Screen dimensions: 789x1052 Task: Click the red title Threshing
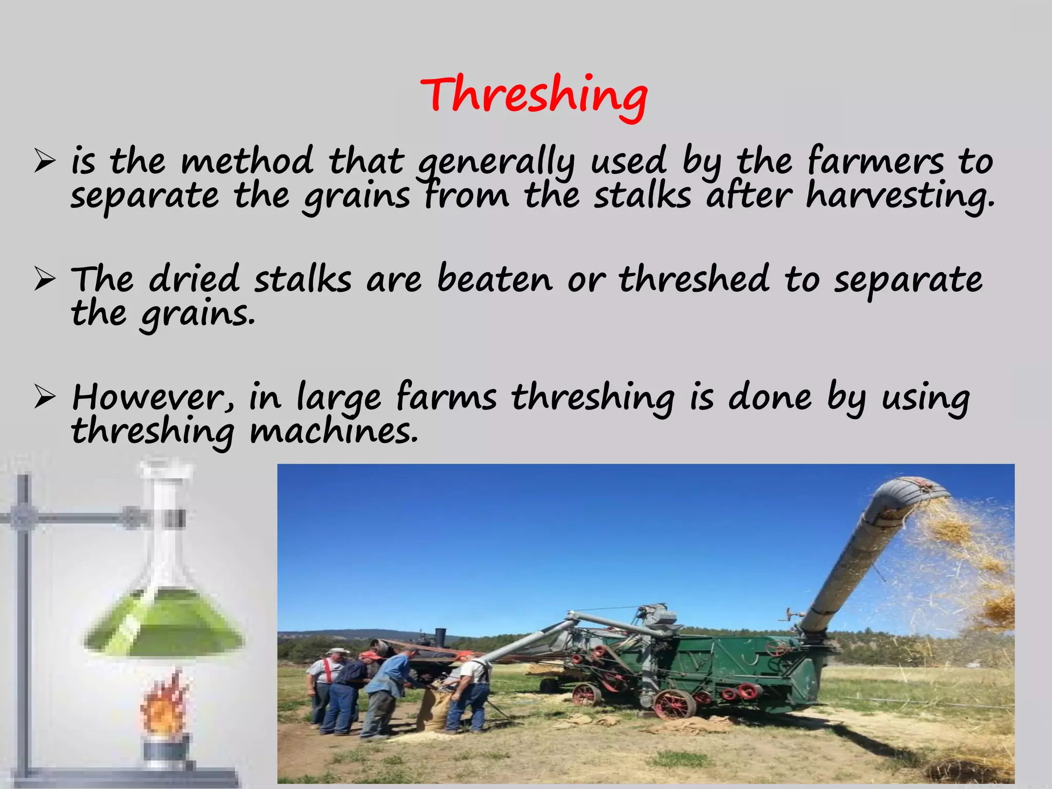coord(534,95)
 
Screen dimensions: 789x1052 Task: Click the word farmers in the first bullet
coord(875,161)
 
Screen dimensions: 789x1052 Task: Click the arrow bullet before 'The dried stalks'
coord(45,279)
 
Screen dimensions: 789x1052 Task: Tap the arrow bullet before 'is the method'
coord(45,162)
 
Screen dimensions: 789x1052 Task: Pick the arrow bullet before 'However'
coord(45,398)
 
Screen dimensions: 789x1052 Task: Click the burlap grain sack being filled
coord(434,711)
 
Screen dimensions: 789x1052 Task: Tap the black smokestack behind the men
coord(440,637)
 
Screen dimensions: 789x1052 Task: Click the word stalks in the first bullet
coord(642,197)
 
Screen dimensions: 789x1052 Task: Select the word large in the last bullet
coord(339,397)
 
